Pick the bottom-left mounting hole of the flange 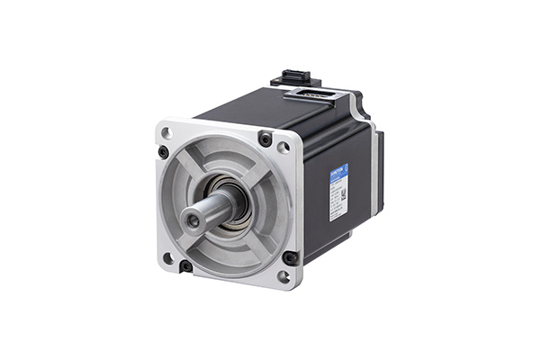coord(167,258)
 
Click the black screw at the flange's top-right coord(265,139)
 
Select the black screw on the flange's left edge coord(163,152)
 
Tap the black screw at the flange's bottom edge coord(185,265)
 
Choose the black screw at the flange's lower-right coord(290,257)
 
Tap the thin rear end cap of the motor coord(378,171)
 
